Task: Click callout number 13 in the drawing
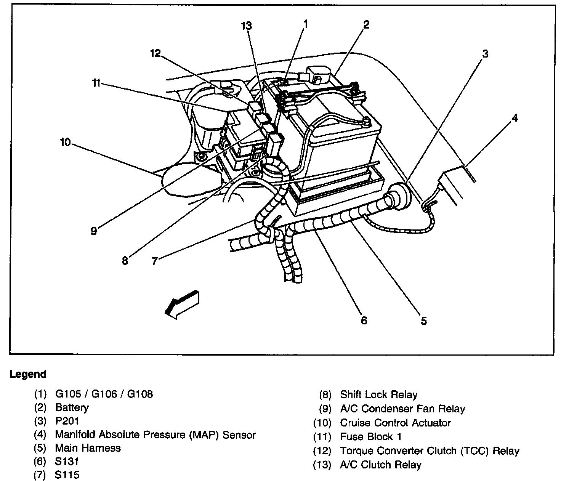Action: (246, 26)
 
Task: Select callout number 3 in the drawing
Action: (485, 54)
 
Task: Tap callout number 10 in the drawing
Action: (65, 142)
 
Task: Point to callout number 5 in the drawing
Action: (423, 321)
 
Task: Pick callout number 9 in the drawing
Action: (93, 231)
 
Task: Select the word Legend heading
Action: (28, 374)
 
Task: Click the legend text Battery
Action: (72, 407)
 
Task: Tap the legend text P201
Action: (67, 421)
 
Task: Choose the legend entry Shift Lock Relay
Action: (378, 394)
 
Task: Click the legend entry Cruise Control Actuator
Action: (395, 423)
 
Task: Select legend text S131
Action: (67, 462)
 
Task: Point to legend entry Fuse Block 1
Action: (370, 437)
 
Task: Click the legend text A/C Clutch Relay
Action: (380, 465)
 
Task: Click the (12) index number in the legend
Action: (322, 451)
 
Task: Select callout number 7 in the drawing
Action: (154, 261)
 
